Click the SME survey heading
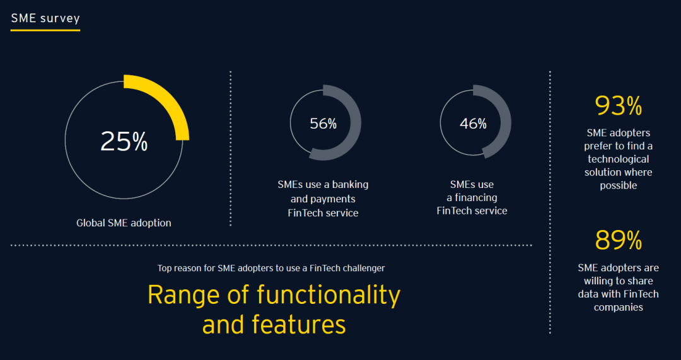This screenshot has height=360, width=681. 45,18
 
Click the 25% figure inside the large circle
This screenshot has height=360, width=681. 124,141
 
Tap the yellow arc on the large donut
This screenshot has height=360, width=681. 170,100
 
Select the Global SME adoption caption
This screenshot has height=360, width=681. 124,223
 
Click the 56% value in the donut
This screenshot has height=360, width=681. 323,124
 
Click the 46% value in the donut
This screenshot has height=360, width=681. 473,124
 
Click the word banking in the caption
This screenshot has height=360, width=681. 350,185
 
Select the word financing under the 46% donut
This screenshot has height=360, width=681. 475,198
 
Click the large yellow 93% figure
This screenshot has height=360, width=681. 618,106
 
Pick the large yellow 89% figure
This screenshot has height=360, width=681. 618,241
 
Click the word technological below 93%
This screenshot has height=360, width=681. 618,159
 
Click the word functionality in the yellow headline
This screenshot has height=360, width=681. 328,295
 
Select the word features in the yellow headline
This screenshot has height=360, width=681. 298,325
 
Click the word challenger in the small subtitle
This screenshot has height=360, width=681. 364,269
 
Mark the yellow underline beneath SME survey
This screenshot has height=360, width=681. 45,30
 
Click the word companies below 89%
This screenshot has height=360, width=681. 619,308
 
